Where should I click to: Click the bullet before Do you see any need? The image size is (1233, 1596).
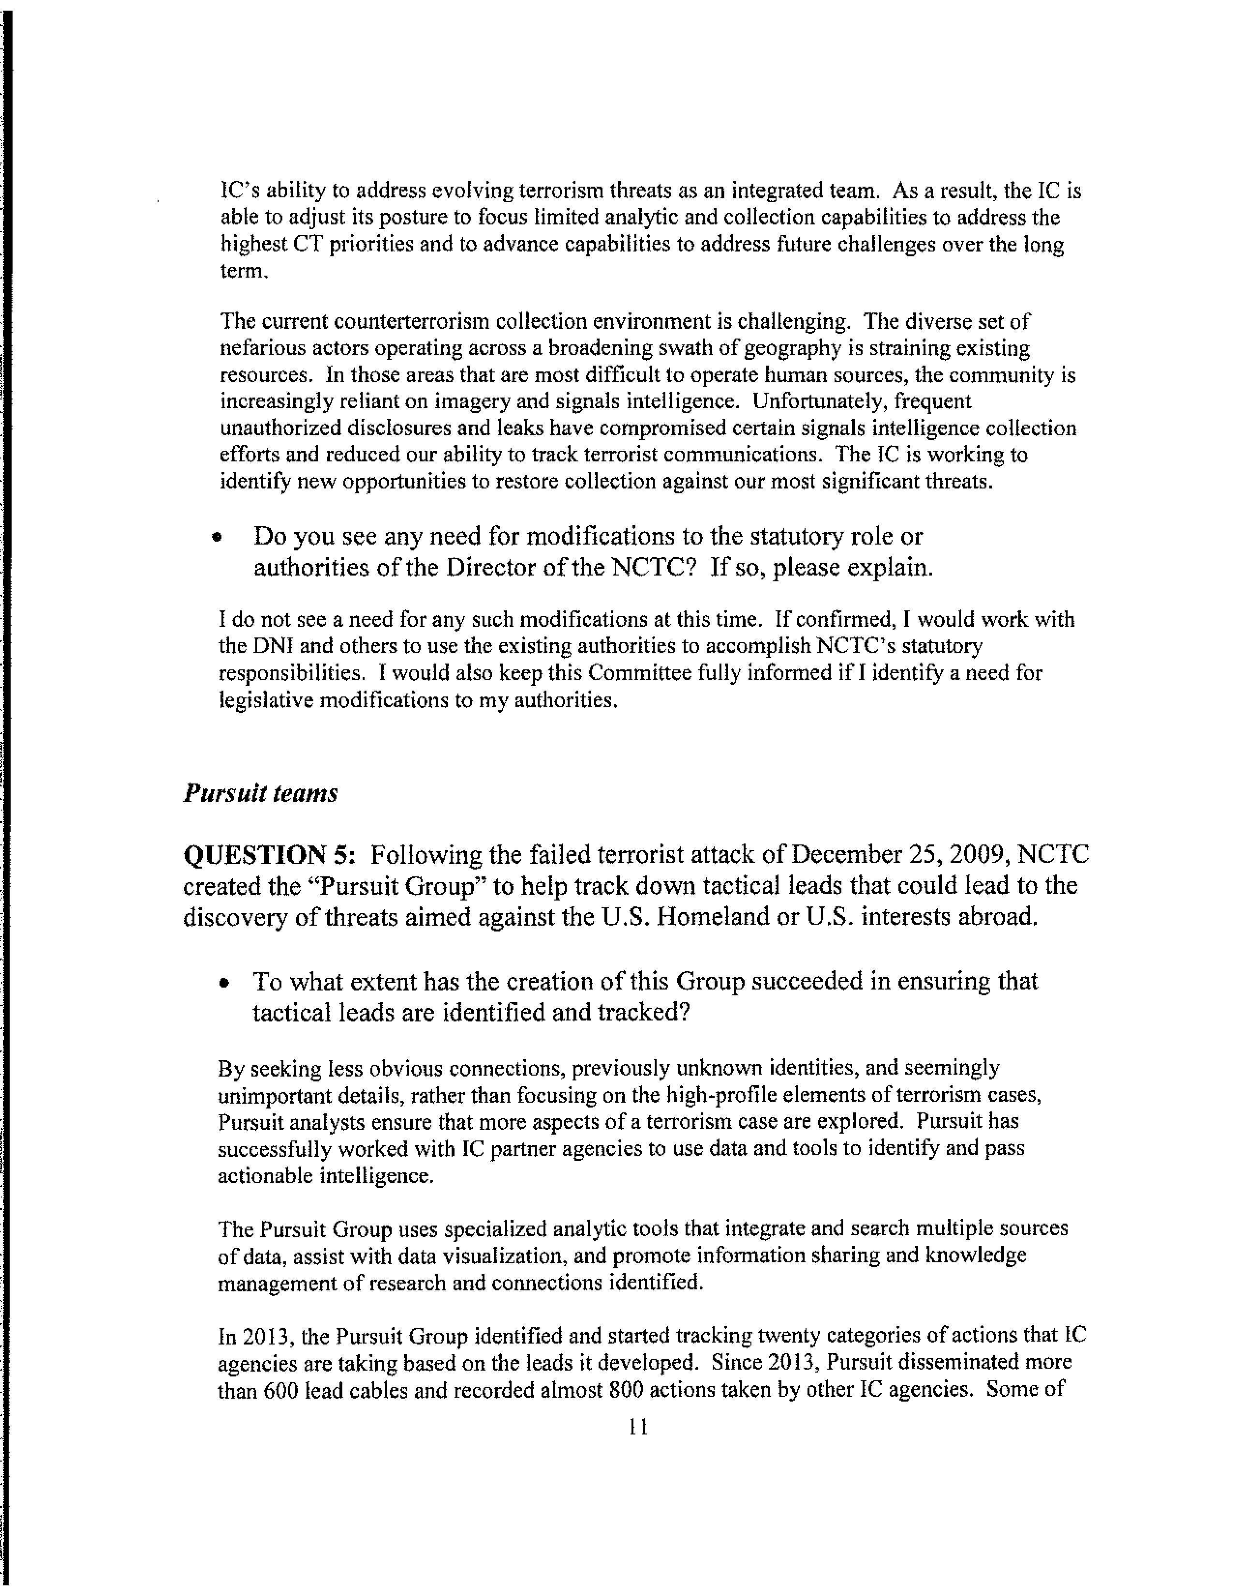(216, 537)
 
